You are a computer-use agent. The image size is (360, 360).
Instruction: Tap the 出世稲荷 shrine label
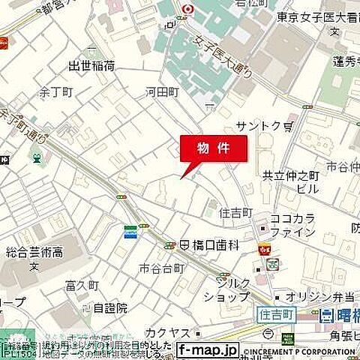pyautogui.click(x=91, y=66)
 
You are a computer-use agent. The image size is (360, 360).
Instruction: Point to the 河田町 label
pyautogui.click(x=163, y=92)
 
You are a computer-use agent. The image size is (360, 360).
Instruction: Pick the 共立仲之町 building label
pyautogui.click(x=291, y=175)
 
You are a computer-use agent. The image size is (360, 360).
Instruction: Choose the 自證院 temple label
pyautogui.click(x=110, y=307)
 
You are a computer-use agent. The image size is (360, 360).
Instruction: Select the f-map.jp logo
pyautogui.click(x=208, y=349)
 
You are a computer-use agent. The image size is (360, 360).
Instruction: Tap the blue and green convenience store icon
pyautogui.click(x=131, y=232)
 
